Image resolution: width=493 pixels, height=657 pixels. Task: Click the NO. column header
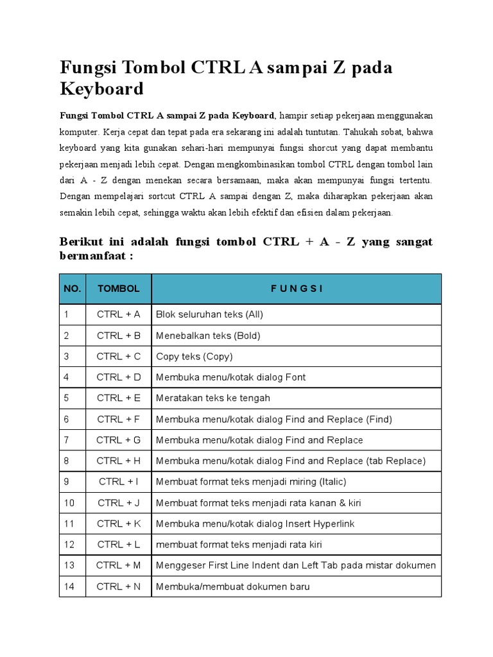[x=73, y=289]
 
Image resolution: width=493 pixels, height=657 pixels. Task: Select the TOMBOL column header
[x=118, y=289]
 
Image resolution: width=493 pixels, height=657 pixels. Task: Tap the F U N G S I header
[x=296, y=289]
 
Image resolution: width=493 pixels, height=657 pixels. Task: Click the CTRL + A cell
[x=118, y=314]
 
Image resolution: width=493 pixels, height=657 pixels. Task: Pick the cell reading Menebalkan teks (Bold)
[x=208, y=336]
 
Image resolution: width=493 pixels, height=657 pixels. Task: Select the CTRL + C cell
[x=118, y=356]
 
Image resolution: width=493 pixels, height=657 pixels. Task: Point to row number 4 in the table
[x=66, y=377]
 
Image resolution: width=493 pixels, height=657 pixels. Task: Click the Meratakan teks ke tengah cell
[x=213, y=398]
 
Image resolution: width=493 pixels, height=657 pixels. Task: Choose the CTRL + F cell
[x=118, y=419]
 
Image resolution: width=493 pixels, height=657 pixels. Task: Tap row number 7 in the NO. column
[x=66, y=439]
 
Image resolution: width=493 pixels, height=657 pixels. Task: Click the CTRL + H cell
[x=118, y=461]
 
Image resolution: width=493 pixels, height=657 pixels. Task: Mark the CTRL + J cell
[x=118, y=502]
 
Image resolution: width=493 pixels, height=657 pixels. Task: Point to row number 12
[x=69, y=544]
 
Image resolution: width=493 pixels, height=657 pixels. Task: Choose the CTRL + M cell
[x=118, y=565]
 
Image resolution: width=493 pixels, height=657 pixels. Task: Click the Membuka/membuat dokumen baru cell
[x=233, y=586]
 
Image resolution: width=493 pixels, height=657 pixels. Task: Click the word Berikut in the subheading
[x=81, y=242]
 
